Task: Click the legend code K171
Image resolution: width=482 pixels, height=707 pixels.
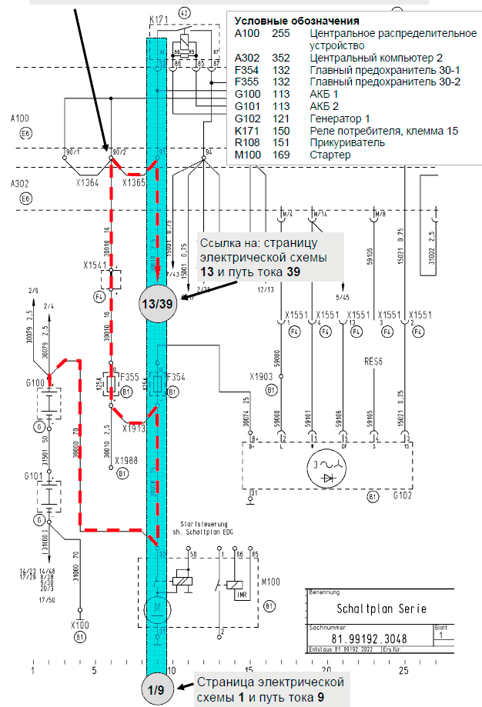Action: point(246,131)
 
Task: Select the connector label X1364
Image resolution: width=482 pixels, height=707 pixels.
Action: point(88,184)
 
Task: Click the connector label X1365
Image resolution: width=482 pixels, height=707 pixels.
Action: point(132,184)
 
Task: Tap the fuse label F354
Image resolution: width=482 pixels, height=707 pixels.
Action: point(176,378)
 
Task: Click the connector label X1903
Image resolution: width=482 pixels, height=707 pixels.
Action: point(262,378)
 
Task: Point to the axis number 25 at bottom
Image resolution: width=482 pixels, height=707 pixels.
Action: point(403,671)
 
